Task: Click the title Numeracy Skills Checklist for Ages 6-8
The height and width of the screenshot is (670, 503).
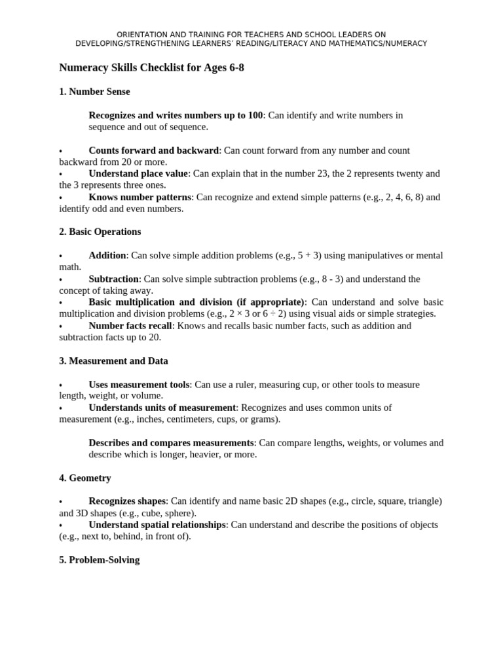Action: click(151, 67)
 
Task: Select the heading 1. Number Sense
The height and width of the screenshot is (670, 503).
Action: click(94, 92)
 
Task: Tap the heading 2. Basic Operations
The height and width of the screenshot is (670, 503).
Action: click(100, 232)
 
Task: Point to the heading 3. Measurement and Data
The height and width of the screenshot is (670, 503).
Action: click(113, 361)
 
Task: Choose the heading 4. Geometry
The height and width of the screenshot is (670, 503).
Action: click(85, 478)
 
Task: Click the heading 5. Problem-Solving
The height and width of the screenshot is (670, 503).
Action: click(99, 560)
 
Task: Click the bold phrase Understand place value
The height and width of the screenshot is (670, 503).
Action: click(138, 173)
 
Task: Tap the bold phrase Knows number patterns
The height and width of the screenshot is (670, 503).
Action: click(140, 197)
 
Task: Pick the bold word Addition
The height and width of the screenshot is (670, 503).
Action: click(107, 255)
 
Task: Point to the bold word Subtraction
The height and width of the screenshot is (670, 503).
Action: click(113, 279)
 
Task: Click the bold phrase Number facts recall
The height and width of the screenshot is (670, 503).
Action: click(130, 326)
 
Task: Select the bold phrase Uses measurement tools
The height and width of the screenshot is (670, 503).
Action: click(140, 384)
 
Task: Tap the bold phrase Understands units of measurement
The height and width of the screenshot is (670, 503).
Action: click(162, 408)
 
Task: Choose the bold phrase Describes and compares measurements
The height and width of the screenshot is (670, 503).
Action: click(171, 443)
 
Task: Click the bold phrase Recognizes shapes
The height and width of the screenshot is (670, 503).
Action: click(128, 501)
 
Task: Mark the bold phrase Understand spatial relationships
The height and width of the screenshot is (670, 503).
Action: click(157, 525)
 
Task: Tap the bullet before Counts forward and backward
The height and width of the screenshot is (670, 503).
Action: click(60, 152)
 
